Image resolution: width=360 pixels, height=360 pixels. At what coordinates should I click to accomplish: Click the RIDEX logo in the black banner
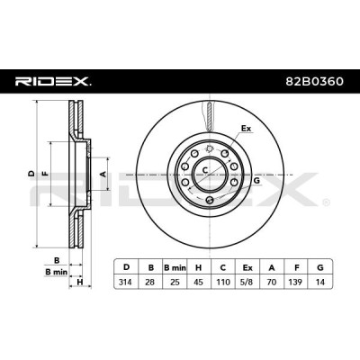pyautogui.click(x=53, y=81)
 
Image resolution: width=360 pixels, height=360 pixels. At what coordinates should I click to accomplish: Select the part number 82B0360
pyautogui.click(x=314, y=81)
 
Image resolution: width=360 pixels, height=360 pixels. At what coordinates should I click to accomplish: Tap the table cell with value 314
pyautogui.click(x=126, y=282)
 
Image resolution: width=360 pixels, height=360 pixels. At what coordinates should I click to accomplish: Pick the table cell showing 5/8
pyautogui.click(x=247, y=282)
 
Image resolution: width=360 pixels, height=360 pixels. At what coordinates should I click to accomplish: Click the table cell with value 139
pyautogui.click(x=296, y=282)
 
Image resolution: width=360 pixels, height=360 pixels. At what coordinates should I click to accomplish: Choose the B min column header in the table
pyautogui.click(x=175, y=267)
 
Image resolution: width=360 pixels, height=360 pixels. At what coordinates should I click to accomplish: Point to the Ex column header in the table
pyautogui.click(x=247, y=267)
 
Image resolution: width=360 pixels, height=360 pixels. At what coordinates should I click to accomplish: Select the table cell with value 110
pyautogui.click(x=223, y=282)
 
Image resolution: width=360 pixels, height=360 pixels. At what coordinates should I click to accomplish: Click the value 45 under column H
pyautogui.click(x=199, y=282)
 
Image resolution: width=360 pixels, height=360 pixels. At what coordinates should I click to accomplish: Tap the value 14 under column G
pyautogui.click(x=320, y=282)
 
